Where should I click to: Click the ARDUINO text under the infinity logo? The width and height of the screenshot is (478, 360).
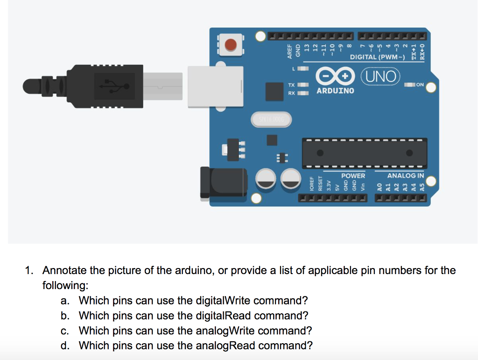[335, 91]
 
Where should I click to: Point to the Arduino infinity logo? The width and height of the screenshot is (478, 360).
[333, 76]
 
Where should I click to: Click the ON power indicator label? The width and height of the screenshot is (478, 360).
[419, 85]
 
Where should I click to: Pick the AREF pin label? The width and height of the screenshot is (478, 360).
[289, 51]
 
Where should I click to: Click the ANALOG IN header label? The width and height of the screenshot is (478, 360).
[405, 176]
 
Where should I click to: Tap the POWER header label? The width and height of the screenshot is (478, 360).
[353, 176]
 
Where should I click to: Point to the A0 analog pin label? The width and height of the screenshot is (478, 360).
[379, 188]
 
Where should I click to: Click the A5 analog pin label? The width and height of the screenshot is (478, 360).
[422, 188]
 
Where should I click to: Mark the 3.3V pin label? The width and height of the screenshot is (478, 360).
[329, 187]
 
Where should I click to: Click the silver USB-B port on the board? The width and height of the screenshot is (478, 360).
[215, 86]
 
